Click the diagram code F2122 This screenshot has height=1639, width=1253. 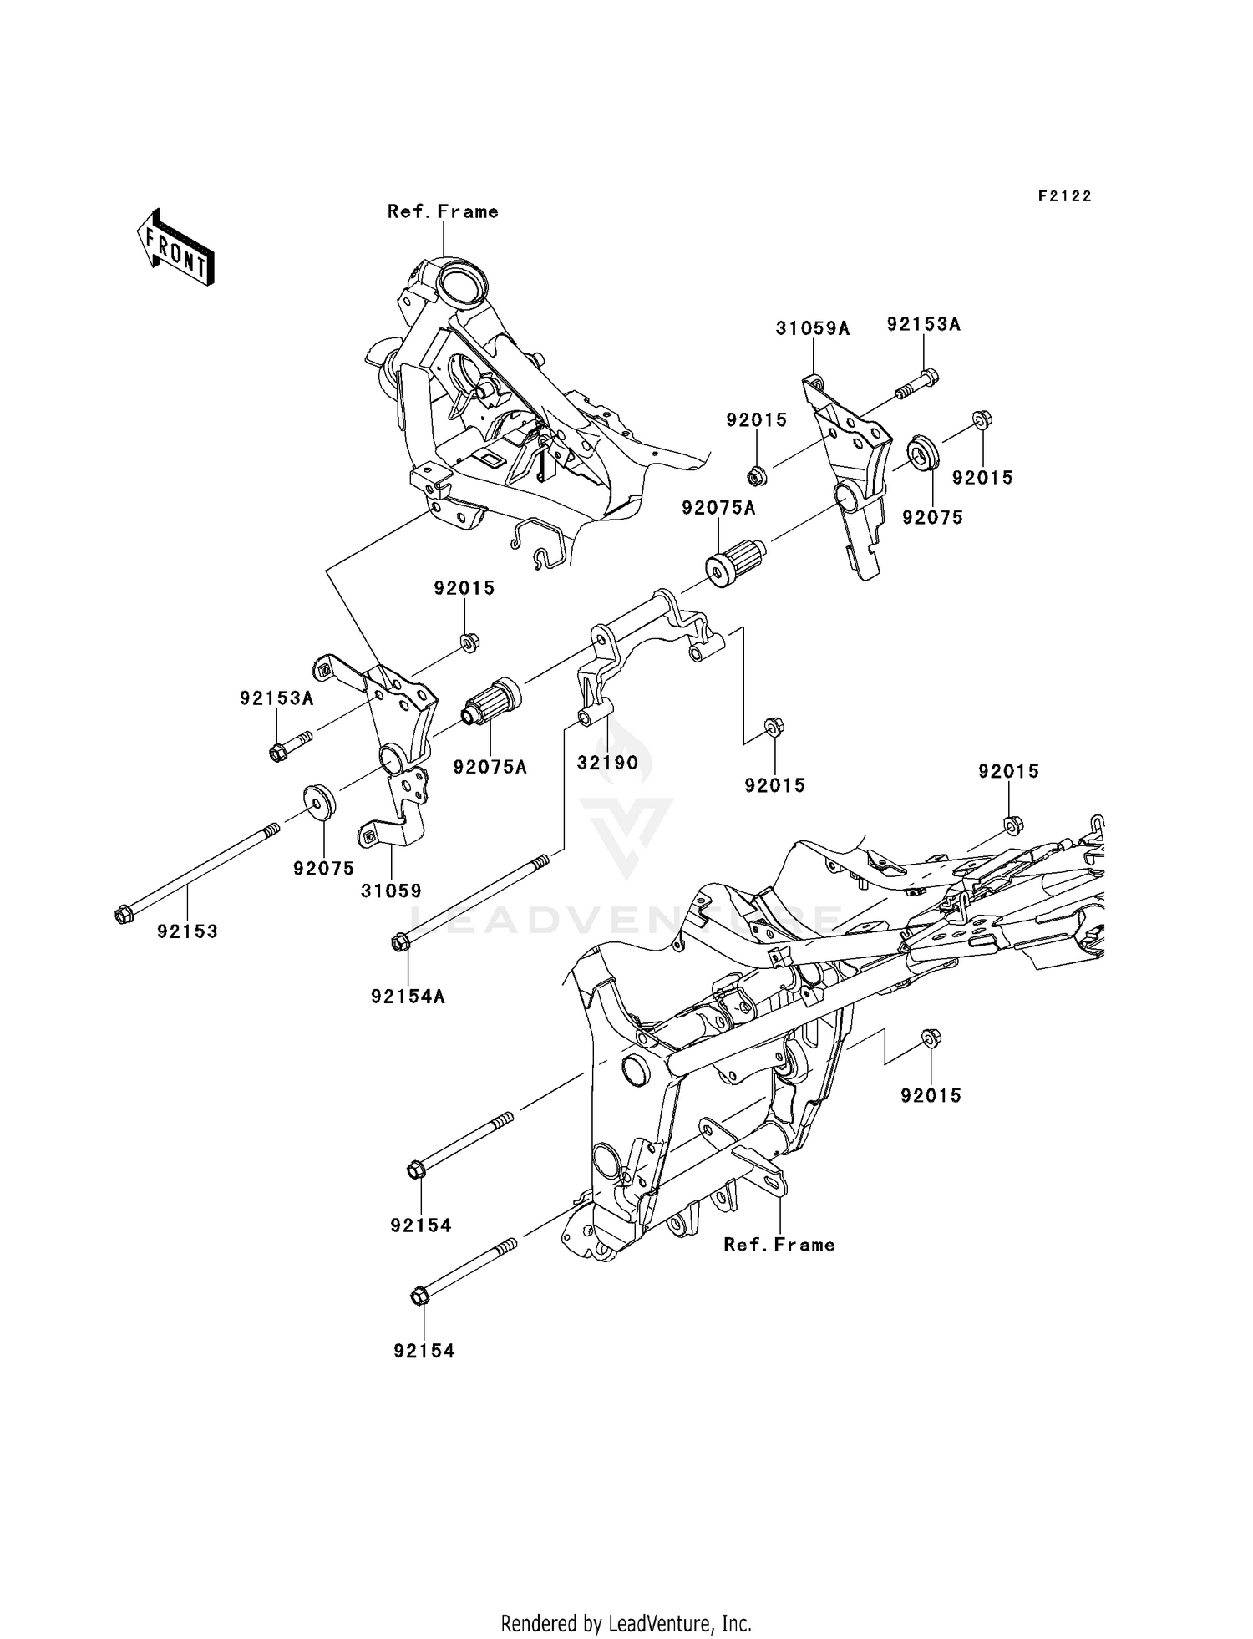pyautogui.click(x=1065, y=196)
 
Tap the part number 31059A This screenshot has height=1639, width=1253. pyautogui.click(x=812, y=329)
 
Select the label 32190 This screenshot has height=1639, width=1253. pyautogui.click(x=607, y=763)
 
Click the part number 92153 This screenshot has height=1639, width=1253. pyautogui.click(x=187, y=931)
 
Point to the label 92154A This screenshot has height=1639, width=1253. pyautogui.click(x=408, y=997)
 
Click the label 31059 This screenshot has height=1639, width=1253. pyautogui.click(x=391, y=891)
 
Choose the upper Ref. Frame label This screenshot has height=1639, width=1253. pyautogui.click(x=443, y=212)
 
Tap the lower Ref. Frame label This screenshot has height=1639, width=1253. pyautogui.click(x=779, y=1245)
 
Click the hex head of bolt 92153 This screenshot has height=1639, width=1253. pyautogui.click(x=123, y=916)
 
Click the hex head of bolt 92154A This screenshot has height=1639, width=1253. pyautogui.click(x=398, y=943)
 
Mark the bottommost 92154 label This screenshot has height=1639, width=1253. pyautogui.click(x=424, y=1351)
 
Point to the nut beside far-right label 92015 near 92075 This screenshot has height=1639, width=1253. pyautogui.click(x=982, y=418)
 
